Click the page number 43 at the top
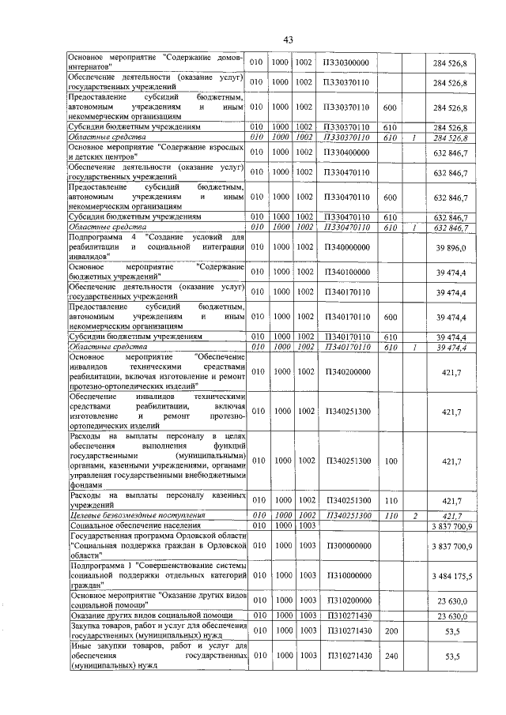(x=288, y=40)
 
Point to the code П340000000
(x=347, y=247)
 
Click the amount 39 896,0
(x=451, y=247)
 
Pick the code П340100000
(x=347, y=273)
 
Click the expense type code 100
(x=389, y=461)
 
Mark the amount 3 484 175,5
(x=451, y=575)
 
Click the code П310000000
(x=347, y=575)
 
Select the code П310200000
(x=347, y=600)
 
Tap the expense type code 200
(x=389, y=633)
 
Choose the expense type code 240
(x=389, y=656)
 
